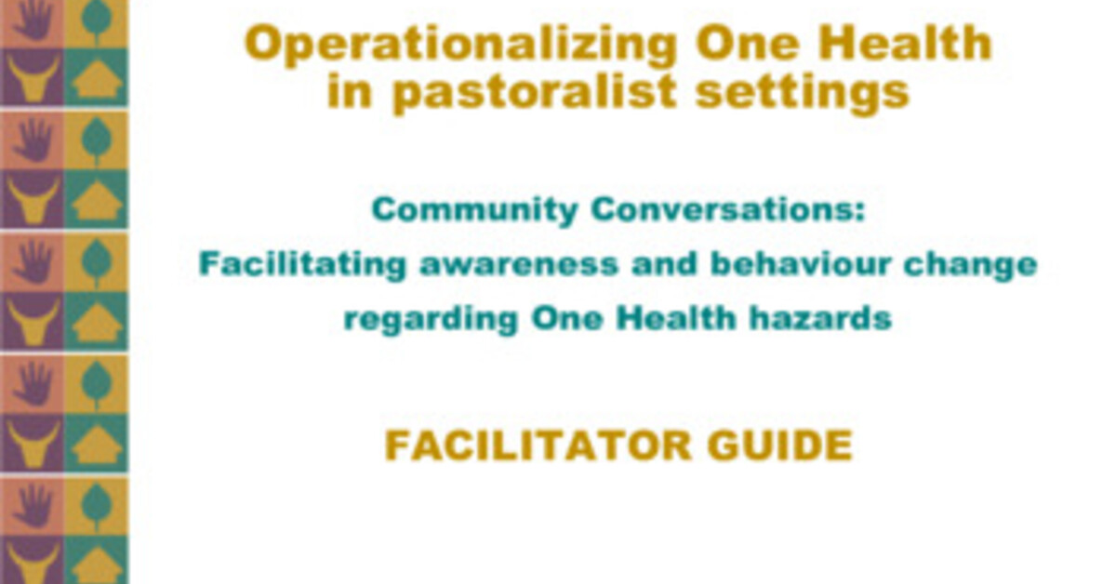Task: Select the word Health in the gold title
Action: tap(911, 45)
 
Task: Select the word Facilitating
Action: tap(302, 265)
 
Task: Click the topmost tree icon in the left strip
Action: tap(95, 20)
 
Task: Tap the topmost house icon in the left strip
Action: tap(97, 79)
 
